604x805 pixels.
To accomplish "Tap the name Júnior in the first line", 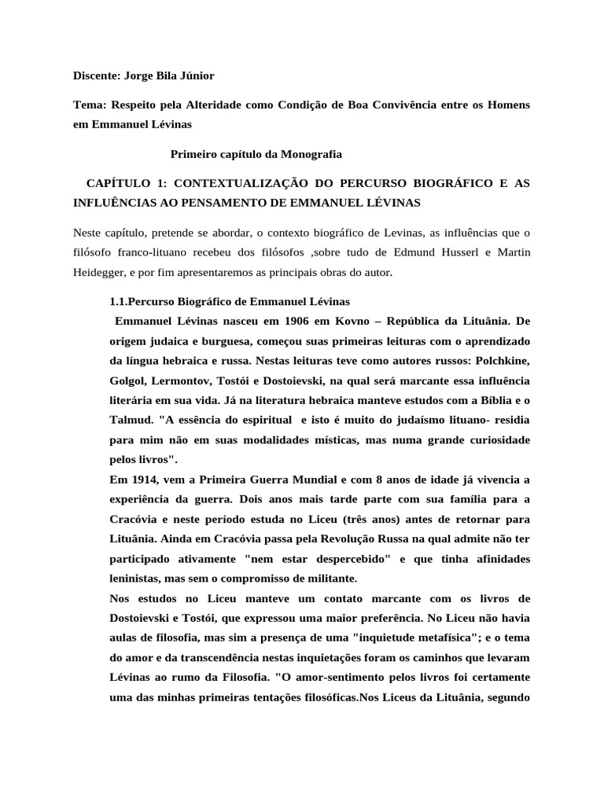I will [x=195, y=75].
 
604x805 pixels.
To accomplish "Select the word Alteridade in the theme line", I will [x=214, y=105].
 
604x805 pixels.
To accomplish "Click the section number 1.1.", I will [x=119, y=302].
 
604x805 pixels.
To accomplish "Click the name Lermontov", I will [x=183, y=380].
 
